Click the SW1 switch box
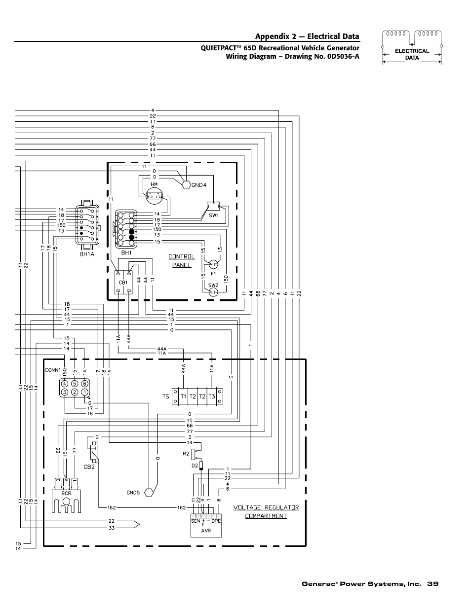click(213, 206)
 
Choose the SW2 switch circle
click(213, 292)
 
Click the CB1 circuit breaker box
click(123, 282)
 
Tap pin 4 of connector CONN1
click(64, 384)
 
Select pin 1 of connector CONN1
click(84, 393)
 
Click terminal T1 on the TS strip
click(183, 396)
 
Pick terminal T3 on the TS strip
click(212, 396)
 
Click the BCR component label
click(67, 493)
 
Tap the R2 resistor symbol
click(198, 453)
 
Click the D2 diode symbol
click(201, 466)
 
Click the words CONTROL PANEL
click(181, 260)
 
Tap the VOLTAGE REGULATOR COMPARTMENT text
click(266, 511)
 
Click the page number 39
click(433, 584)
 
